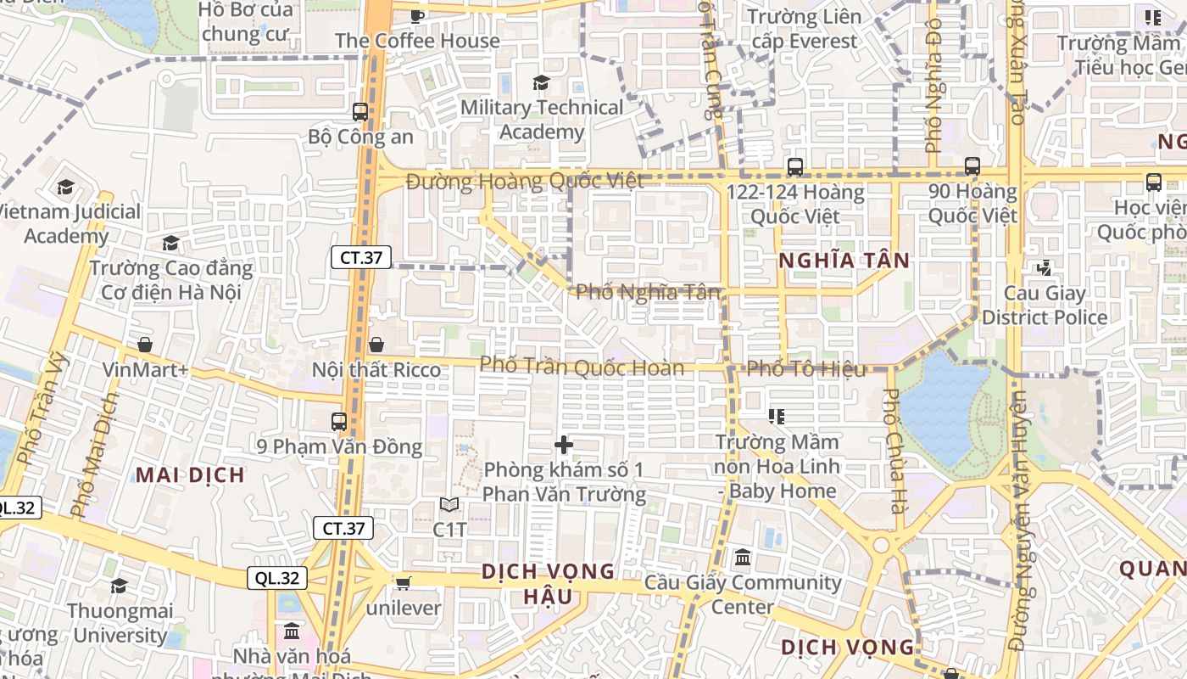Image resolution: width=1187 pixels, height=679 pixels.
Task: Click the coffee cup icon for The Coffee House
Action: pos(416,16)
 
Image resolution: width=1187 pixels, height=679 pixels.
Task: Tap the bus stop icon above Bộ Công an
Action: pos(360,111)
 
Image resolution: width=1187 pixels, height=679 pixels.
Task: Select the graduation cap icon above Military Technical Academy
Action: pos(541,82)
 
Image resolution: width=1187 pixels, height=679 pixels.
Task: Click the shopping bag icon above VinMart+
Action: pos(145,345)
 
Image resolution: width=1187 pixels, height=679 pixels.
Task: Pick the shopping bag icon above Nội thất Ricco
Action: pos(376,345)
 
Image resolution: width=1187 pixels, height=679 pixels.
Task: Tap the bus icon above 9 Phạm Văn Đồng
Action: pos(339,421)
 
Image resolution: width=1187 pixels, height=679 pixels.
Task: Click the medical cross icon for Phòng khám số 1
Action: pos(564,444)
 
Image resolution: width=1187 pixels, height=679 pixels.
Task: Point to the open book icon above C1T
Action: pos(449,505)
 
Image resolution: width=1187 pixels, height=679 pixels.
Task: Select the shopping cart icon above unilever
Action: pos(404,583)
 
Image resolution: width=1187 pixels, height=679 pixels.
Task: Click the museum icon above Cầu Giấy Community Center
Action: pos(743,558)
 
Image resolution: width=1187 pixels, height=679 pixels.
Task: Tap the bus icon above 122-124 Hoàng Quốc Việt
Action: pos(794,166)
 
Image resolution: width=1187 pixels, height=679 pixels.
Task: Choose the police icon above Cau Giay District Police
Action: pos(1044,268)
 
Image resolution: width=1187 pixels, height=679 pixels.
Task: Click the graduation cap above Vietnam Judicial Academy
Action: pos(66,187)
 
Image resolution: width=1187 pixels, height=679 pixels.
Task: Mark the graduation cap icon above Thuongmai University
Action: pos(120,586)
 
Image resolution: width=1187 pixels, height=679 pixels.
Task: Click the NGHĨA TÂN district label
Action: pos(844,261)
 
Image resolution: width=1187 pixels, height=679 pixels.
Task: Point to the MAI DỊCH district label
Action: pos(190,475)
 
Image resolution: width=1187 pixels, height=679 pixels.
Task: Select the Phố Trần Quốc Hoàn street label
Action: pos(582,368)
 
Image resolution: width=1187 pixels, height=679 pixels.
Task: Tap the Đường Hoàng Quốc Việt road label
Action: pos(525,181)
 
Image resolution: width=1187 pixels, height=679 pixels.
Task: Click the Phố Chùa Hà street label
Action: pos(892,450)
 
